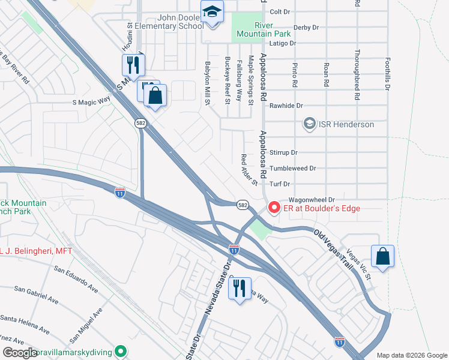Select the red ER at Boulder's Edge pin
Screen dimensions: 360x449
[x=274, y=208]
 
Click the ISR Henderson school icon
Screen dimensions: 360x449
[x=310, y=124]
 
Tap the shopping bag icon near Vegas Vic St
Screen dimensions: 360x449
[x=382, y=256]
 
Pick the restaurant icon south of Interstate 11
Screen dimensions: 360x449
[x=240, y=288]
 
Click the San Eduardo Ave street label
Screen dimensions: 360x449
[x=76, y=279]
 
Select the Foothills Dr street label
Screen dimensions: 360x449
[x=388, y=74]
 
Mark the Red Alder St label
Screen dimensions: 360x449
[x=249, y=169]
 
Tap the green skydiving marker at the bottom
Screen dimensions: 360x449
[x=121, y=351]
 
